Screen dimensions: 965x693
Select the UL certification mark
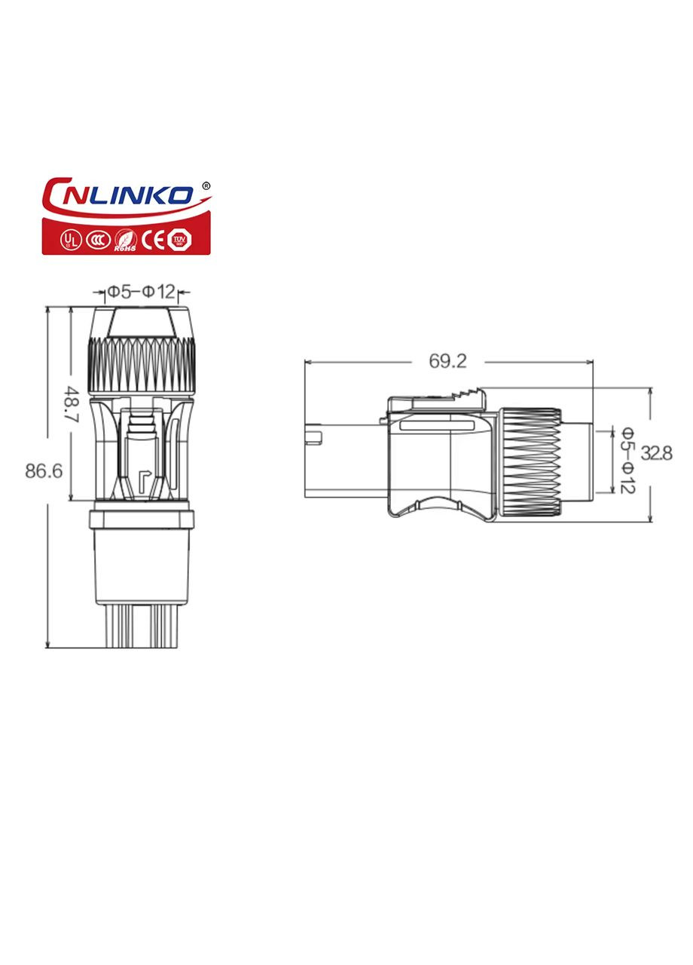pos(70,239)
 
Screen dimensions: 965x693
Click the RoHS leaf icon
pos(124,239)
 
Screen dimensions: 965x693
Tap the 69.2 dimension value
pos(447,361)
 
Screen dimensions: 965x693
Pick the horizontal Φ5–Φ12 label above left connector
pos(141,292)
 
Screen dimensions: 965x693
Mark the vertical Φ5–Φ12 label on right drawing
pos(627,459)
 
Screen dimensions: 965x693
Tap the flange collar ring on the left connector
pos(142,519)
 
